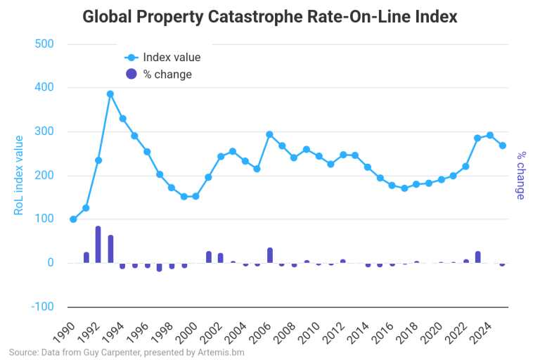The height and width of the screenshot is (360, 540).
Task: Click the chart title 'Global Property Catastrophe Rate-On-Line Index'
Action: coord(270,17)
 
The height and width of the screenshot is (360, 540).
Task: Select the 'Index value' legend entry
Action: coord(171,58)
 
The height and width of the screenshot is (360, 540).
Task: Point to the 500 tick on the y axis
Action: coord(45,44)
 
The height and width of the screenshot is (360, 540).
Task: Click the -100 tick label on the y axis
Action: coord(43,307)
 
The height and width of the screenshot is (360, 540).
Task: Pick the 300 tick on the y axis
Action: coord(45,131)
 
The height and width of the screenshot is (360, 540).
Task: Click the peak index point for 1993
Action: coord(110,94)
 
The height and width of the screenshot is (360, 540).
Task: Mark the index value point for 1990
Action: coord(73,219)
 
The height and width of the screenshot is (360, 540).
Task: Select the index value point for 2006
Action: coord(269,134)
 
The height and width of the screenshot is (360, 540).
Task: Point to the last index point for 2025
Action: coord(502,146)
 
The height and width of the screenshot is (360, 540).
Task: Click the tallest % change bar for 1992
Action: coord(98,245)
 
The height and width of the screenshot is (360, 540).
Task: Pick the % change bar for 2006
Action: coord(269,255)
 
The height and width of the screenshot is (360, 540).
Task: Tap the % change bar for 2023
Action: coord(478,257)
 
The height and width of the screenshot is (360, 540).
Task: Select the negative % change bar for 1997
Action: coord(160,267)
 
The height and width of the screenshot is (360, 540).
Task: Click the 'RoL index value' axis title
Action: coord(19,176)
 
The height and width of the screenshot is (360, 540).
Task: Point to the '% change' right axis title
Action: coord(521,175)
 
